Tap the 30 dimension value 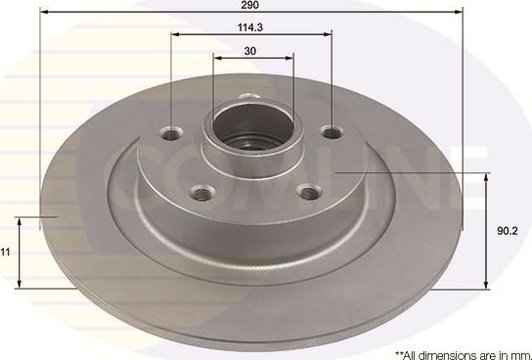(251, 50)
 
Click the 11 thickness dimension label (6, 251)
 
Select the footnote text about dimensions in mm (459, 351)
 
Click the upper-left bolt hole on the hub (174, 133)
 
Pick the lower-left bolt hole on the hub (201, 193)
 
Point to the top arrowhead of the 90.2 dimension (486, 177)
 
